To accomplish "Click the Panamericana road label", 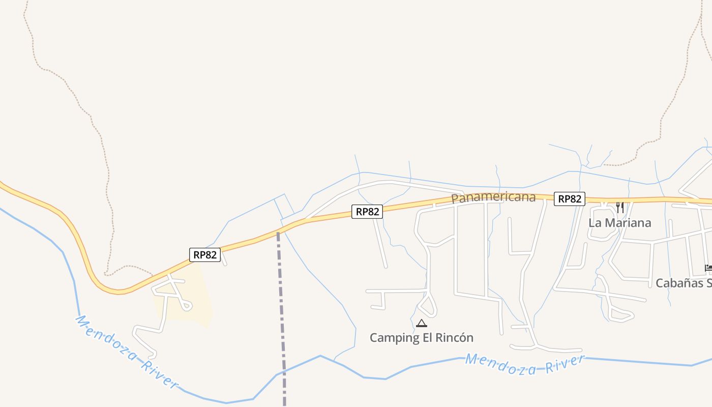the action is tap(493, 197).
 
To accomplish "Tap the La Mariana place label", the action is tap(619, 223).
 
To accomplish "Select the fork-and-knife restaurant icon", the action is tap(619, 207).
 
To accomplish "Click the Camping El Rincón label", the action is tap(421, 338).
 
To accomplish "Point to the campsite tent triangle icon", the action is tap(421, 323).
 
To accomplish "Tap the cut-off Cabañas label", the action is tap(683, 283).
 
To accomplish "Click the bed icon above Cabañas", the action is tap(708, 268).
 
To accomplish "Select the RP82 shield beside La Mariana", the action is tap(569, 199).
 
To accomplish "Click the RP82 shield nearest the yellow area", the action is tap(205, 255).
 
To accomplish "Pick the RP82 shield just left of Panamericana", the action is tap(367, 212).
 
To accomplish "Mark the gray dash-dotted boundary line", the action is tap(280, 305).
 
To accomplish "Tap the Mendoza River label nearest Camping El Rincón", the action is tap(524, 365).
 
